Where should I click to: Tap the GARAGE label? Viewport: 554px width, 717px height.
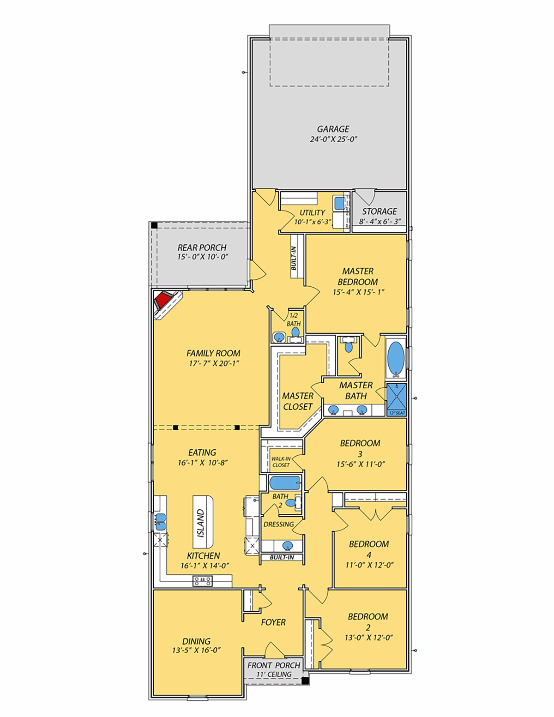(x=333, y=129)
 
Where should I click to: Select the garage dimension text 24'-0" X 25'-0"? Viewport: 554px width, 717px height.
(x=333, y=139)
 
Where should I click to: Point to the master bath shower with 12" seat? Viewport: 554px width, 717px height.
(x=396, y=399)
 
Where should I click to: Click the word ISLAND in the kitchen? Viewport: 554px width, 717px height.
(x=201, y=523)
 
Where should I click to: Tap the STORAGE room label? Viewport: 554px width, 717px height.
(x=379, y=211)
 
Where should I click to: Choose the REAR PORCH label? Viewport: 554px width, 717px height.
(x=202, y=247)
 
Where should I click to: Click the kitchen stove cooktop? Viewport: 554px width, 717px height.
(x=202, y=581)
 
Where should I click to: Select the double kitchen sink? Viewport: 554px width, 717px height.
(x=160, y=522)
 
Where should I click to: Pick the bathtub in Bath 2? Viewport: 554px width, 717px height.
(x=285, y=483)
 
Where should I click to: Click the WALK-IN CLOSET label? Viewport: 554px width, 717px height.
(x=281, y=462)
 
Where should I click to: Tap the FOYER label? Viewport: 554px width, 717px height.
(x=273, y=622)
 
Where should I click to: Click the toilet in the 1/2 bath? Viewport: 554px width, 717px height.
(x=295, y=332)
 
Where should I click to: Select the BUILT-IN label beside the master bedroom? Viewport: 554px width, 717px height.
(x=294, y=259)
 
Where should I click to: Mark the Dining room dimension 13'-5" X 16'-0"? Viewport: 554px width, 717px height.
(x=196, y=650)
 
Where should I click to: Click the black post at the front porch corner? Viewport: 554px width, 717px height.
(x=305, y=680)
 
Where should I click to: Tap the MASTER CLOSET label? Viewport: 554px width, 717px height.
(x=298, y=401)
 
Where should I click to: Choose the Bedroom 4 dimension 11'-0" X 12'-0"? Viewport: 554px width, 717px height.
(x=369, y=565)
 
